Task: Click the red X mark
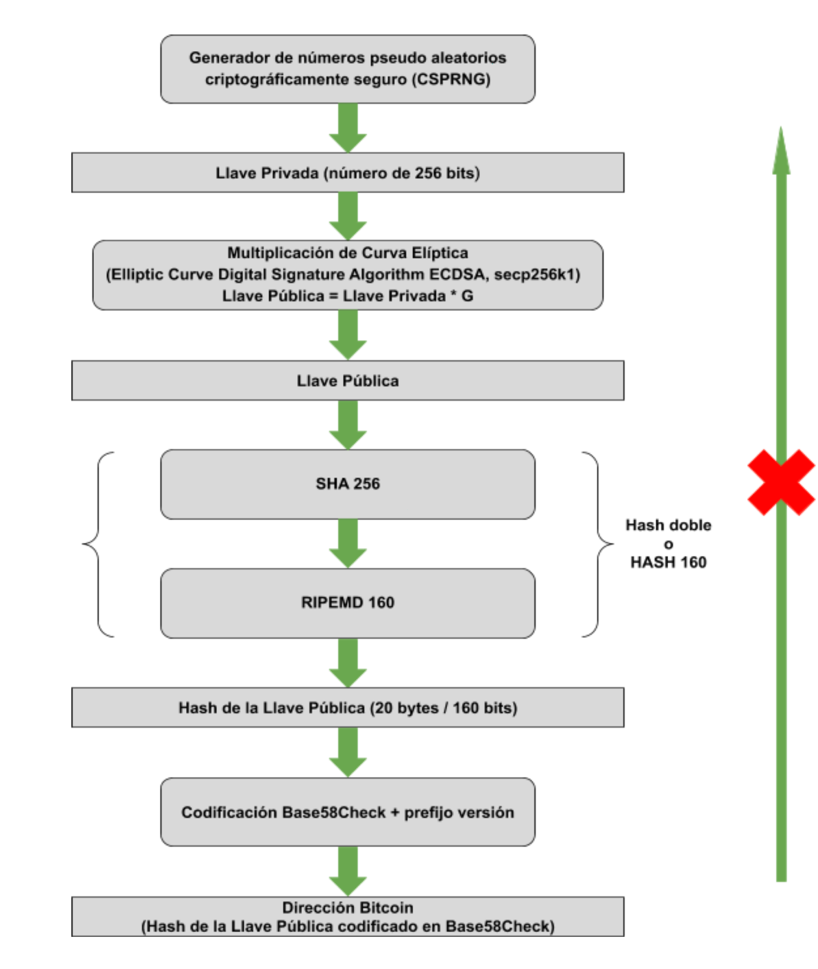pos(781,482)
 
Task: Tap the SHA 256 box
pos(348,484)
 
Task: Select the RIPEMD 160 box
pos(348,603)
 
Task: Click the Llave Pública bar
pos(348,380)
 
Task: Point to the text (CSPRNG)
pos(452,79)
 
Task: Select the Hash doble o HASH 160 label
pos(668,543)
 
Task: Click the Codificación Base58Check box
pos(348,812)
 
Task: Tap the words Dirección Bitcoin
pos(348,908)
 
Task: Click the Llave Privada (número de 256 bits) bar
pos(348,173)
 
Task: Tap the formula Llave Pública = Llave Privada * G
pos(348,296)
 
